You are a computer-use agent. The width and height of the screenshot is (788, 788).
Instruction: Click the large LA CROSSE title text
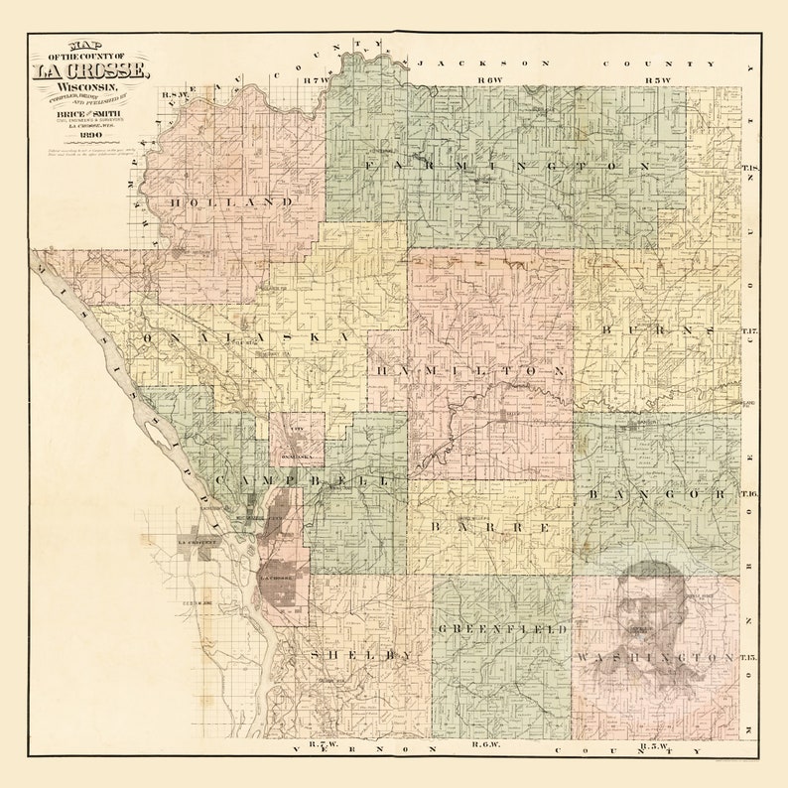tap(90, 71)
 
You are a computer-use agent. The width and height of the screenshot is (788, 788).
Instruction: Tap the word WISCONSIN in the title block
tap(89, 91)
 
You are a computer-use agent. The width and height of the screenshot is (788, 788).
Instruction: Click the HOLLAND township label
tap(231, 201)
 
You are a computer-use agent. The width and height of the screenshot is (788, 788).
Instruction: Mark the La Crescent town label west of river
tap(196, 543)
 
